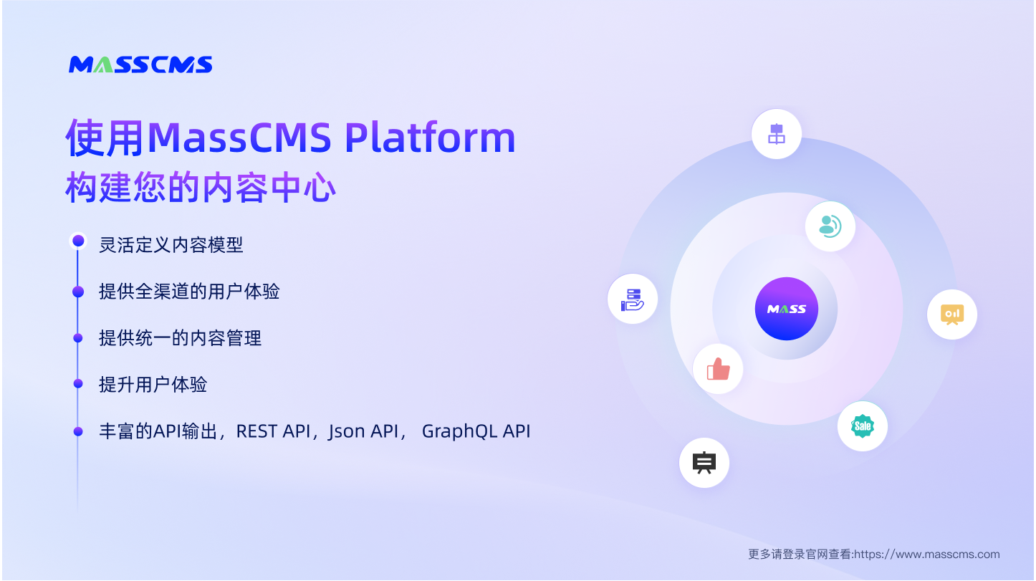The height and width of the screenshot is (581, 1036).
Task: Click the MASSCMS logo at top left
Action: tap(140, 64)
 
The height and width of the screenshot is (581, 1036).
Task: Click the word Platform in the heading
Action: tap(430, 138)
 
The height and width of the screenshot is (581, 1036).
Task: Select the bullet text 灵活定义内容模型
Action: tap(171, 245)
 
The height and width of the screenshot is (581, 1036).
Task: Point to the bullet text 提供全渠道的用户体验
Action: tap(189, 292)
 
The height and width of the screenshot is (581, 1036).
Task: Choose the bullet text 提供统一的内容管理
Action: tap(180, 338)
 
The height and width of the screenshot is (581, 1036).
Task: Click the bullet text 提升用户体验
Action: tap(153, 385)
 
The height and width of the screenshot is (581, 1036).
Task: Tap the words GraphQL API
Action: tap(476, 431)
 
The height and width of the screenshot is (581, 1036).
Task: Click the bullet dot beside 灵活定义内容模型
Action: tap(78, 241)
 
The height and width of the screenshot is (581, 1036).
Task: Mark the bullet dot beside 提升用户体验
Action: tap(78, 384)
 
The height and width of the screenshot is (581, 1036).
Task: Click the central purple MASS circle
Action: tap(786, 309)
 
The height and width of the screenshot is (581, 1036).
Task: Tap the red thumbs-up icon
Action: tap(718, 370)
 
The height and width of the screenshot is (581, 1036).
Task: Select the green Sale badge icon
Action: tap(863, 426)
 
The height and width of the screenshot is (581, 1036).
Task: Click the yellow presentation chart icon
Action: tap(952, 314)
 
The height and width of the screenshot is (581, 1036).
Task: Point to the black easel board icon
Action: tap(704, 463)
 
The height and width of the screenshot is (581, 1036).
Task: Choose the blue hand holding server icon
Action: tap(633, 299)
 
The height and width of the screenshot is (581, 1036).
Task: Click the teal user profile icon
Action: tap(830, 226)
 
